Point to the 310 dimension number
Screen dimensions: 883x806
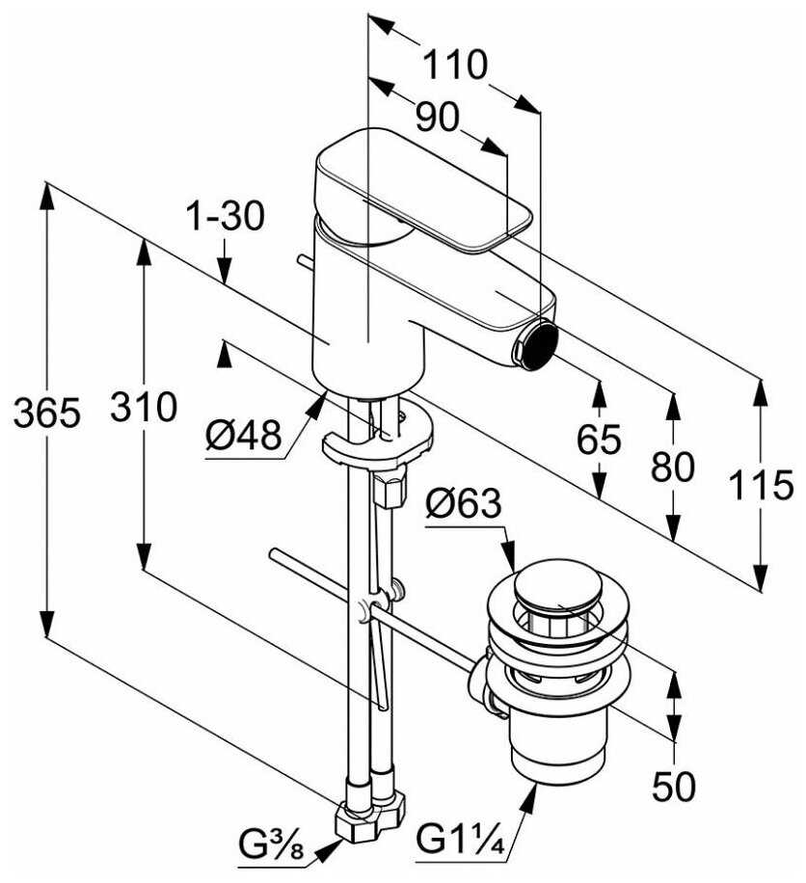[x=143, y=407]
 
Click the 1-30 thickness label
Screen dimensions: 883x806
[x=225, y=217]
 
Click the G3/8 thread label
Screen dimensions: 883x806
[x=271, y=848]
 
